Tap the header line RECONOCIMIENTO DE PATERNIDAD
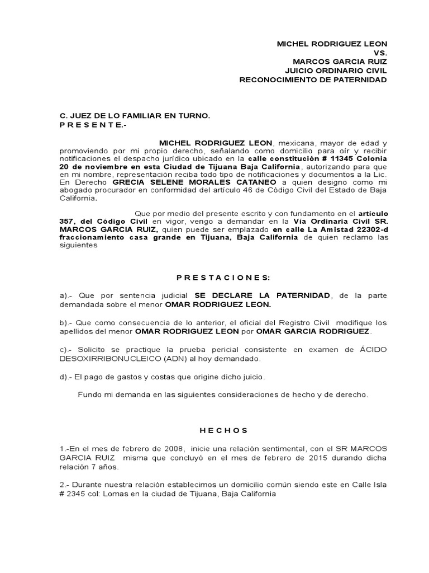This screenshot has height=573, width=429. click(313, 79)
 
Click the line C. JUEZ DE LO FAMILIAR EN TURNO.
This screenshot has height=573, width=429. click(127, 116)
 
